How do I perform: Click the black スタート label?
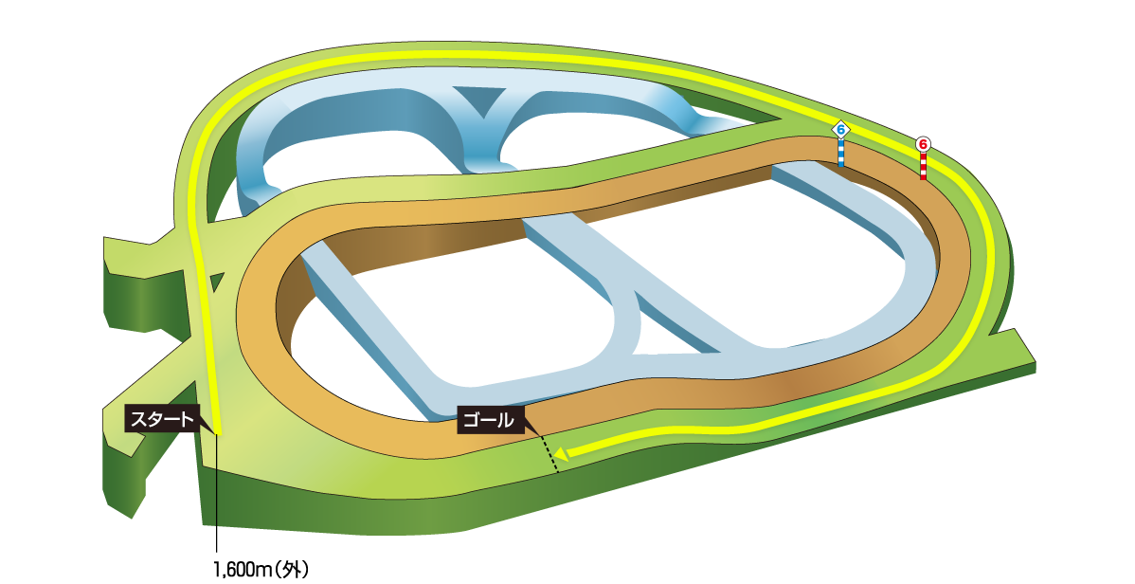coord(161,418)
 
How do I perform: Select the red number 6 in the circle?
coord(923,144)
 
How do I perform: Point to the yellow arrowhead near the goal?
coord(561,453)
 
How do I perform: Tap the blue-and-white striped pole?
coord(840,153)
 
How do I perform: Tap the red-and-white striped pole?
coord(923,166)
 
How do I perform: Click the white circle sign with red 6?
coord(923,144)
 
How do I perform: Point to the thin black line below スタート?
coord(217,493)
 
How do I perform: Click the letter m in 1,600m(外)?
coord(268,570)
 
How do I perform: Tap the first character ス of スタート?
coord(137,418)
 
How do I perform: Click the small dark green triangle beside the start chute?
coord(217,282)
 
